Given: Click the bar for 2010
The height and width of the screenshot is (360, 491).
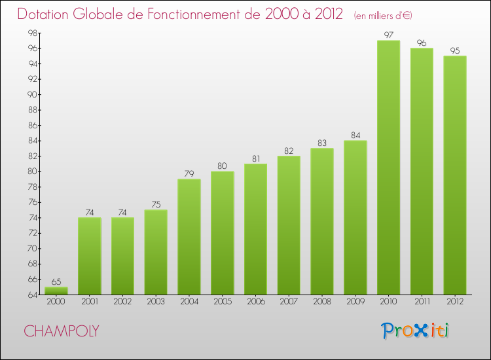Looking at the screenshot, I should [x=388, y=167].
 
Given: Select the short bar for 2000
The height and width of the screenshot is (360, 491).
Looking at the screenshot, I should [x=56, y=291].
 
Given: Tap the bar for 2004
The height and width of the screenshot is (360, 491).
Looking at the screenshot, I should [x=189, y=236].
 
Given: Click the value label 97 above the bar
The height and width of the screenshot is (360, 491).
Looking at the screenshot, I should [x=388, y=35].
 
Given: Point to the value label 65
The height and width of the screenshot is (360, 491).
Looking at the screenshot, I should [x=56, y=281].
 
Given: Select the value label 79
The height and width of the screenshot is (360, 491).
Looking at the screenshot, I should [x=189, y=173].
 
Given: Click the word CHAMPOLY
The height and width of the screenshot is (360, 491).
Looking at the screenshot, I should [x=62, y=331].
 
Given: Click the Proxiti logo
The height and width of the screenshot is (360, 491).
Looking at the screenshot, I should [x=416, y=331].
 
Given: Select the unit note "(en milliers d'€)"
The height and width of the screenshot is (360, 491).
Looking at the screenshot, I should [x=383, y=16].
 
